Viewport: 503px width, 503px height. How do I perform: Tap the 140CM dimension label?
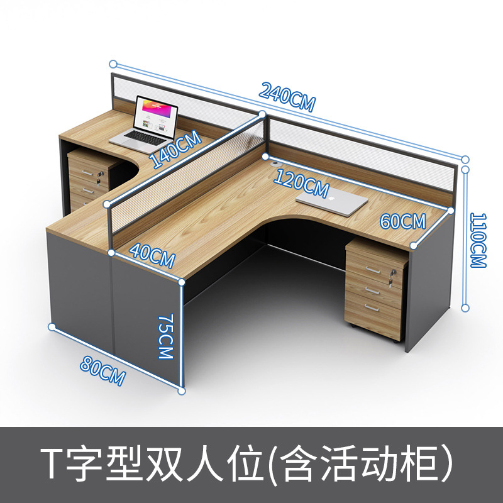coord(175,149)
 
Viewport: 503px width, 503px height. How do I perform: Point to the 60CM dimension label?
coord(403,221)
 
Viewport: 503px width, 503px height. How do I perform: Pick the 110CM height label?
coord(479,240)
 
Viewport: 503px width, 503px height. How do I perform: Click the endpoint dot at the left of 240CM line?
coord(113,64)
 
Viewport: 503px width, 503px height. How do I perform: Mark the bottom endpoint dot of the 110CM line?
coord(465,307)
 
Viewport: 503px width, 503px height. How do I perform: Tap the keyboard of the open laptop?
coord(143,136)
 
